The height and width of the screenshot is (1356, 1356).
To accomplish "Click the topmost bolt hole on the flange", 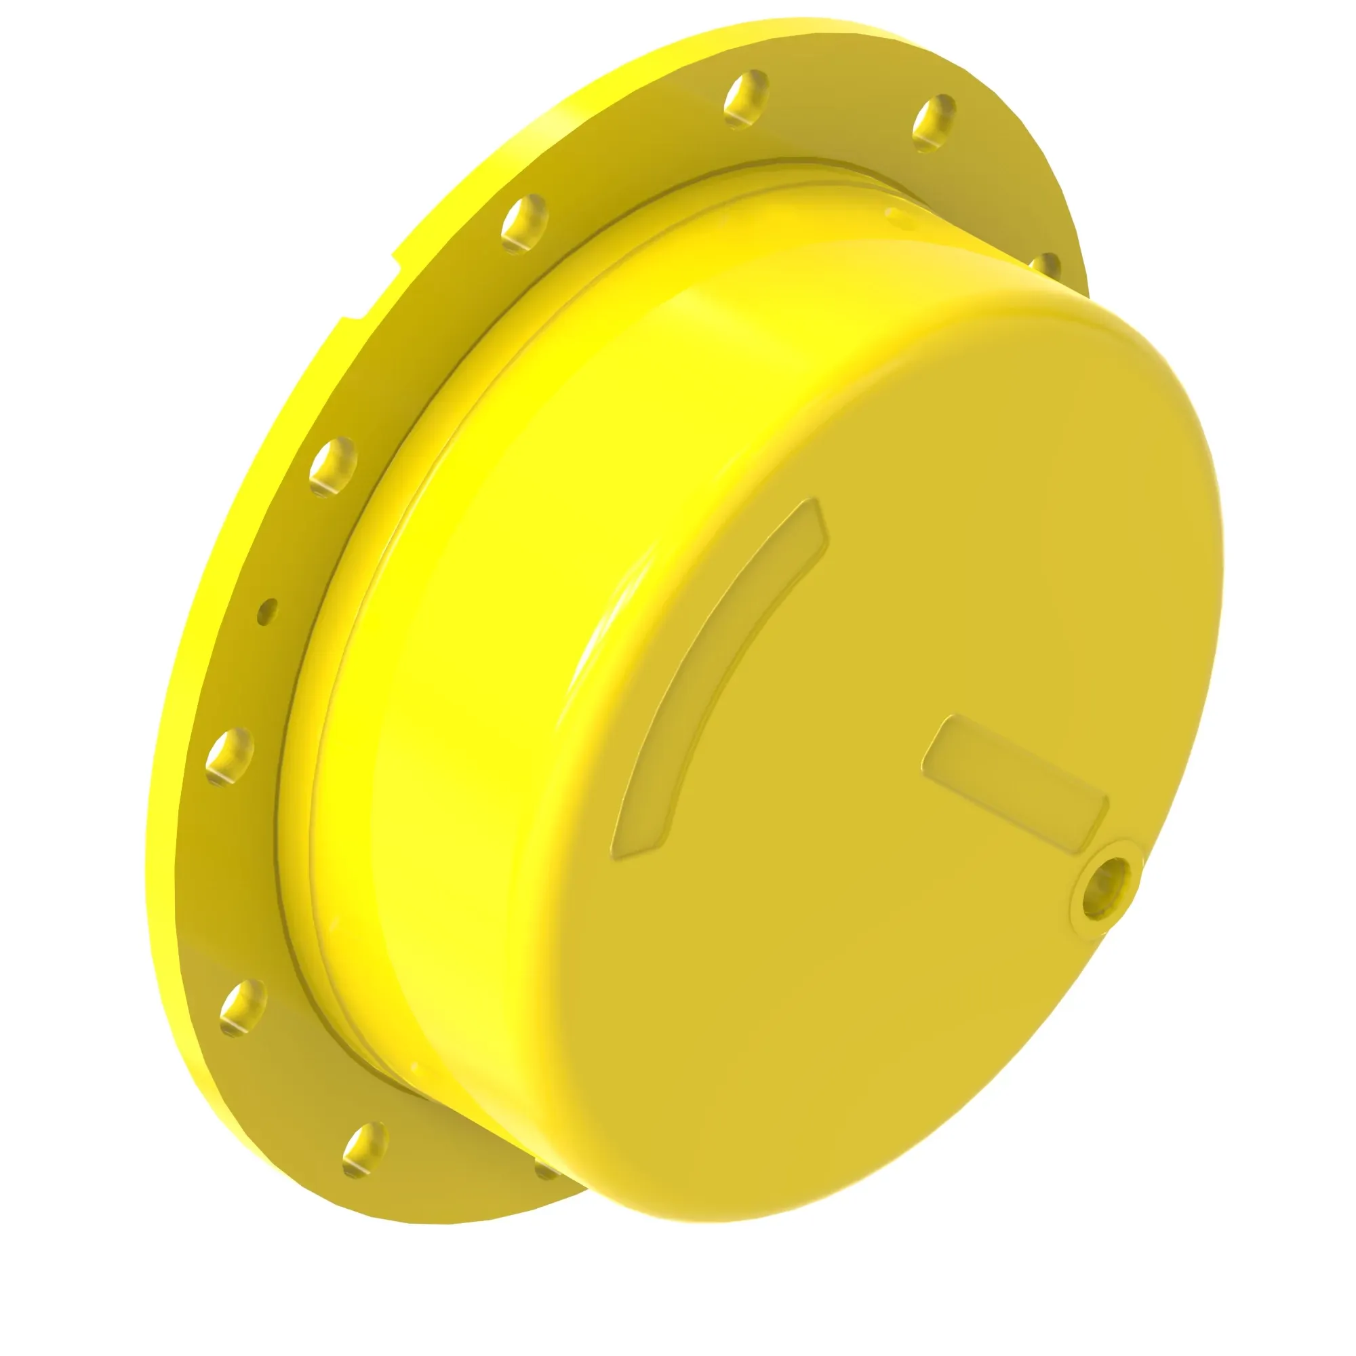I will click(x=746, y=99).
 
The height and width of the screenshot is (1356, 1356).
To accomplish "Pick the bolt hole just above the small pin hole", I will click(x=334, y=466).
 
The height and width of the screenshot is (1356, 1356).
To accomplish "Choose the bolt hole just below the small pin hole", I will click(x=230, y=757).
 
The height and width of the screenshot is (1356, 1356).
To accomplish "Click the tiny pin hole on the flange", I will click(x=266, y=612).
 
